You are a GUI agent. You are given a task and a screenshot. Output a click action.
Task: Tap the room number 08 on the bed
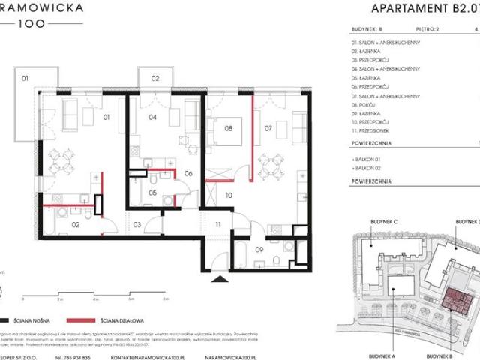[x=228, y=128]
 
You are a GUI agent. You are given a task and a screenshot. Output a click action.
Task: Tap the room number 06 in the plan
[x=189, y=173]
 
